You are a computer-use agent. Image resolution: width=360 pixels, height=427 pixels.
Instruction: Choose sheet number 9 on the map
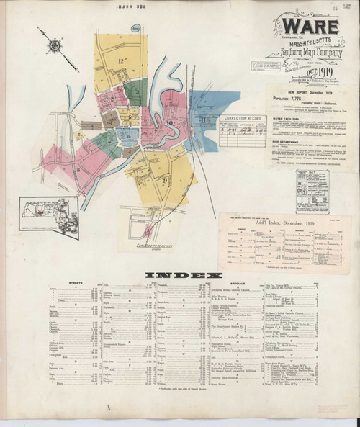pyautogui.click(x=165, y=179)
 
